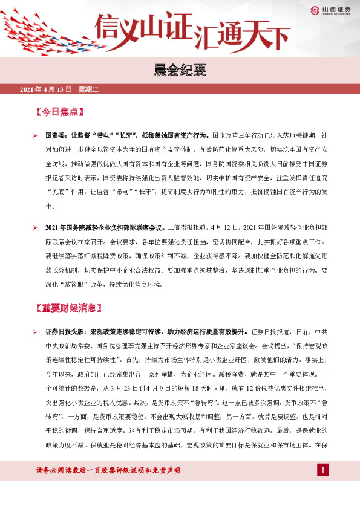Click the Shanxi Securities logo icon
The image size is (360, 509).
click(315, 10)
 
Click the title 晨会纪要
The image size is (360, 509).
click(180, 72)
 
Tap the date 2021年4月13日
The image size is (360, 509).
click(45, 90)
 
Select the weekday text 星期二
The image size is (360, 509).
click(88, 90)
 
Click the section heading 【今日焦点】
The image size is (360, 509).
click(59, 112)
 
